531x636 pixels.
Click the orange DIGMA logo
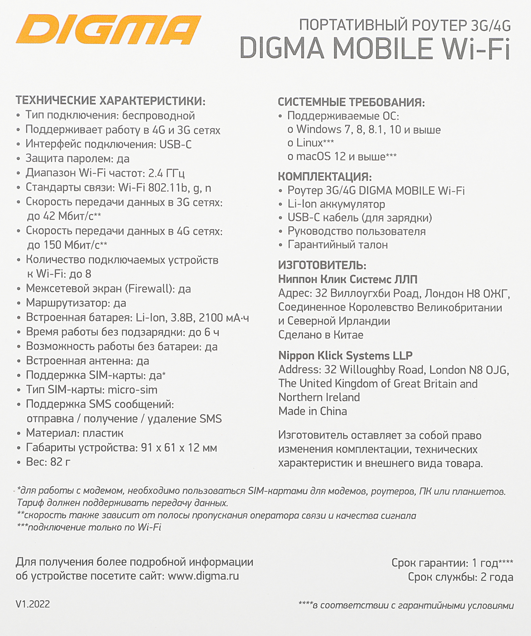pyautogui.click(x=108, y=30)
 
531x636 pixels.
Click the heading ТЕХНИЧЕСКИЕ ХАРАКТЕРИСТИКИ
pyautogui.click(x=111, y=101)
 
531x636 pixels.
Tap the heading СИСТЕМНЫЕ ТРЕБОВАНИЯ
pyautogui.click(x=351, y=102)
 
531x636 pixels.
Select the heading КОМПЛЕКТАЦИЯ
pyautogui.click(x=325, y=176)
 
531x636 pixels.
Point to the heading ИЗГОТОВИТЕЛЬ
pyautogui.click(x=322, y=265)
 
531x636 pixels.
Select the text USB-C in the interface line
pyautogui.click(x=175, y=144)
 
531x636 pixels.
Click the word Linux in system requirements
pyautogui.click(x=310, y=143)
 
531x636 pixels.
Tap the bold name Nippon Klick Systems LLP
pyautogui.click(x=345, y=355)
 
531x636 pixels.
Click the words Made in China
pyautogui.click(x=313, y=411)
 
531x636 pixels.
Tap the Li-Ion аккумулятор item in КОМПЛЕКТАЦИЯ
pyautogui.click(x=336, y=204)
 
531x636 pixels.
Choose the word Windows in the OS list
pyautogui.click(x=319, y=129)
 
